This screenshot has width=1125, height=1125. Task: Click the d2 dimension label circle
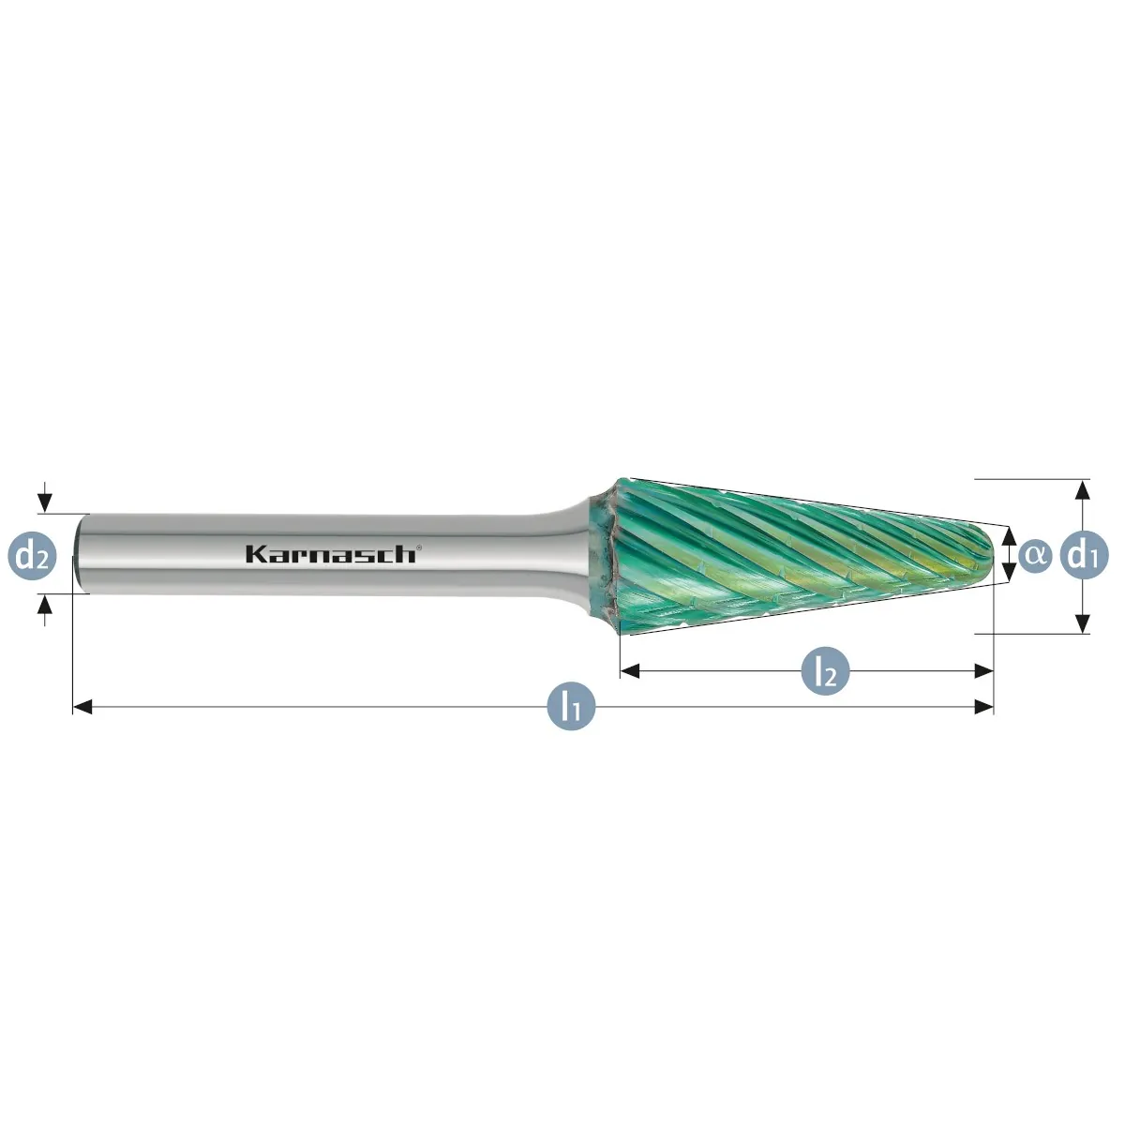[x=32, y=556]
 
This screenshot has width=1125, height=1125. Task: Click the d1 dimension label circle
[x=1084, y=555]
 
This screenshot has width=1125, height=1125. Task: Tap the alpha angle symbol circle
[x=1034, y=555]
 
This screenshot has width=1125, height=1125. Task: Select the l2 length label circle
[x=825, y=671]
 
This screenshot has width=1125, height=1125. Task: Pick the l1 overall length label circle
[x=571, y=707]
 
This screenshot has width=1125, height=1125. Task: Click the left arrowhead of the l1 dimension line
[x=82, y=708]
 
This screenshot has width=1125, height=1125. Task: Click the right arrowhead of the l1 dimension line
[x=983, y=708]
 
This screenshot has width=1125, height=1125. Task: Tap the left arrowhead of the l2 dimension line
[x=630, y=671]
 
